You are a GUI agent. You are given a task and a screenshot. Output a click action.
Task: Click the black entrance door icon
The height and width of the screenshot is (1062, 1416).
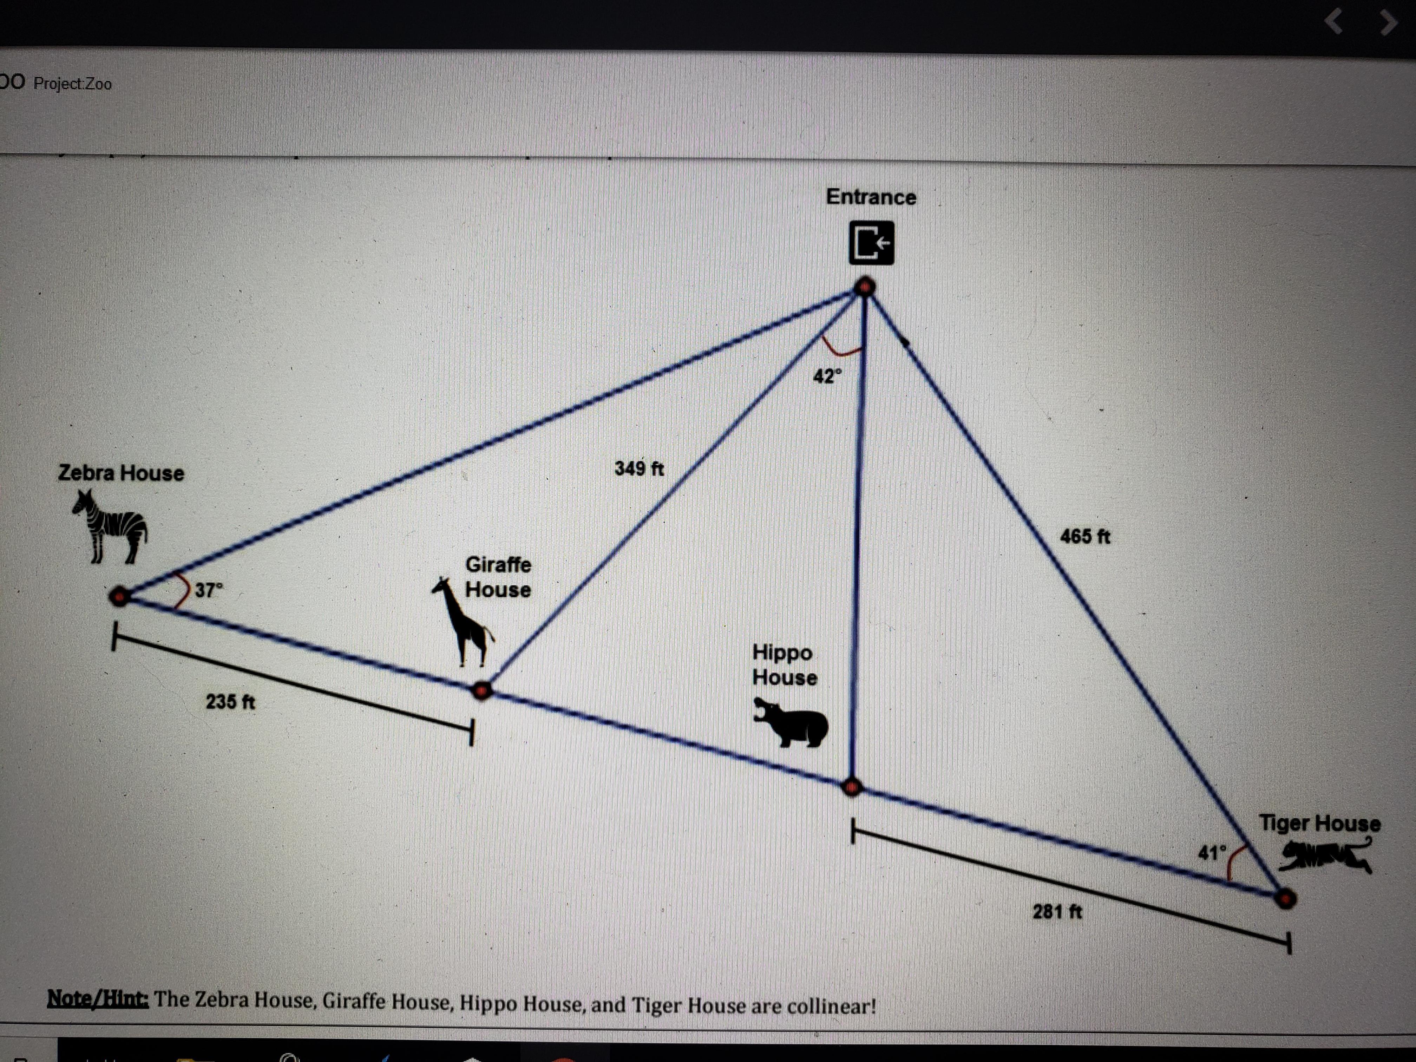coord(871,243)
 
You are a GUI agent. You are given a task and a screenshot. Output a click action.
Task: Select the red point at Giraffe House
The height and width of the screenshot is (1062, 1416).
coord(482,690)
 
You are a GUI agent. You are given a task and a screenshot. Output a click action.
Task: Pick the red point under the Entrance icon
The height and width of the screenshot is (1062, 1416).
coord(865,287)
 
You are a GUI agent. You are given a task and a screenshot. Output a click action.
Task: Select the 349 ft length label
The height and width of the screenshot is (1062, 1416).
coord(639,468)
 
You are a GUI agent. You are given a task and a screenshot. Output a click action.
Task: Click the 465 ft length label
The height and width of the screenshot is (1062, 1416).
coord(1085,536)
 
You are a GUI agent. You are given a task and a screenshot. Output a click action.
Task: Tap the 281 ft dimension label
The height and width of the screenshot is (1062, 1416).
coord(1057,911)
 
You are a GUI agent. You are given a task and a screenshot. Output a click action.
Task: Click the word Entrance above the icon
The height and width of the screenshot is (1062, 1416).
coord(871,197)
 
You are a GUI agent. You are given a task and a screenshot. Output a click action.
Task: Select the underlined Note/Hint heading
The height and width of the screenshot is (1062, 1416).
coord(98,999)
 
